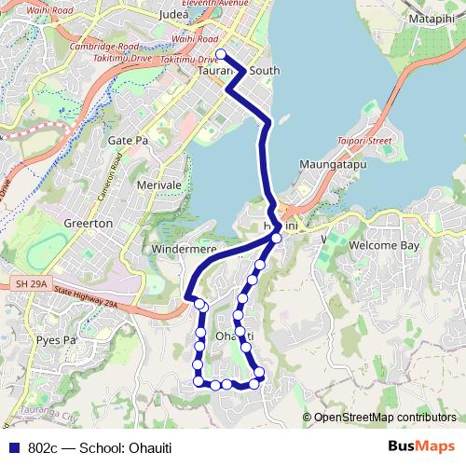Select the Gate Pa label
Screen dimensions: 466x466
[128, 140]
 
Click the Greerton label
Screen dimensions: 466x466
[88, 224]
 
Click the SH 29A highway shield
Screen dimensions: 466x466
[31, 282]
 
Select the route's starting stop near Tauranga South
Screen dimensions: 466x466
[221, 54]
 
